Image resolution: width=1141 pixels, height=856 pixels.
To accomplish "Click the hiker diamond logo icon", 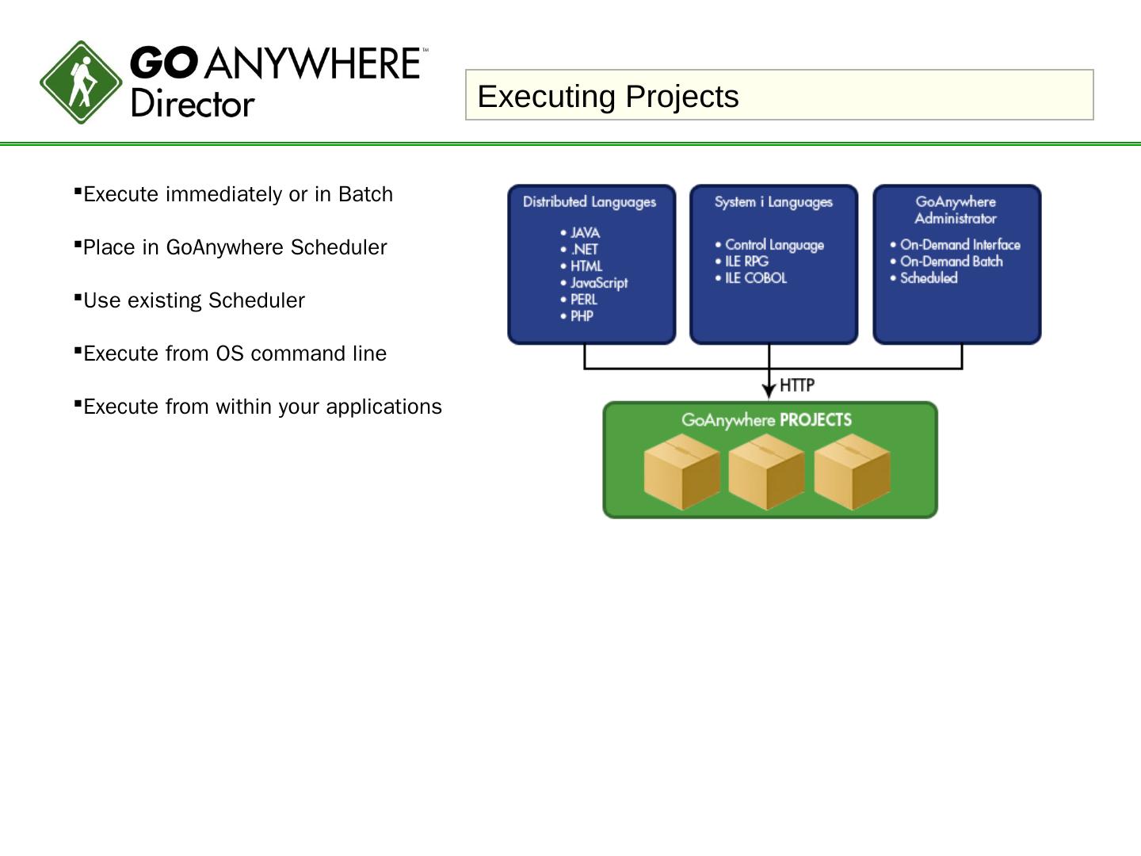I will point(81,82).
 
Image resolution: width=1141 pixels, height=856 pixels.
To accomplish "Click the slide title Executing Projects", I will point(608,96).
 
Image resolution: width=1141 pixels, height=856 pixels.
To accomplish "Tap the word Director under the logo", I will point(193,104).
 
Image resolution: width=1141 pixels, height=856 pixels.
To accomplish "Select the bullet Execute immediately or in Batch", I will point(238,194).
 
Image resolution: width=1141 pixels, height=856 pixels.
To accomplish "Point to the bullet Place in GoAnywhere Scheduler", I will point(235,247).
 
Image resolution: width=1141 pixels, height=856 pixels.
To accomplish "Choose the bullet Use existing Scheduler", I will point(193,300).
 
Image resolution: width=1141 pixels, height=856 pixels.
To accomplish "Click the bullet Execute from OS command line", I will point(235,353).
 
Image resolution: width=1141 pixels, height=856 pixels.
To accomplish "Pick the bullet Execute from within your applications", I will point(262,407).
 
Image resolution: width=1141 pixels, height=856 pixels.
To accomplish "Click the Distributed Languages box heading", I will point(590,202).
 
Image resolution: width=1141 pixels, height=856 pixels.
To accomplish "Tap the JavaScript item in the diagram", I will point(598,283).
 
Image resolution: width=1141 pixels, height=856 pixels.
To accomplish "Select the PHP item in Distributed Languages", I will point(582,316).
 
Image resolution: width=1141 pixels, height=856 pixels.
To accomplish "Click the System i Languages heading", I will point(773,202).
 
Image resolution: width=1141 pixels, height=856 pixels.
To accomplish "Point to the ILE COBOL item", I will point(755,278).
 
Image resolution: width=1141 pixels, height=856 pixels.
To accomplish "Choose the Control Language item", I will point(774,245).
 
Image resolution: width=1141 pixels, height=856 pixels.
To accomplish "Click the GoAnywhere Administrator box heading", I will point(956,210).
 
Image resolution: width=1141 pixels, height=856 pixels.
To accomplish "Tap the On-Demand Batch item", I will point(951,262).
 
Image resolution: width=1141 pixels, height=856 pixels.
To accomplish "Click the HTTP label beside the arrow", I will point(797,385).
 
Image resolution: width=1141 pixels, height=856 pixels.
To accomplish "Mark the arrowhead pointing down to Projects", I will point(769,392).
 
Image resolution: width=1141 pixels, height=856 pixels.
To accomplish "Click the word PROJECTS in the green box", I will point(815,420).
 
